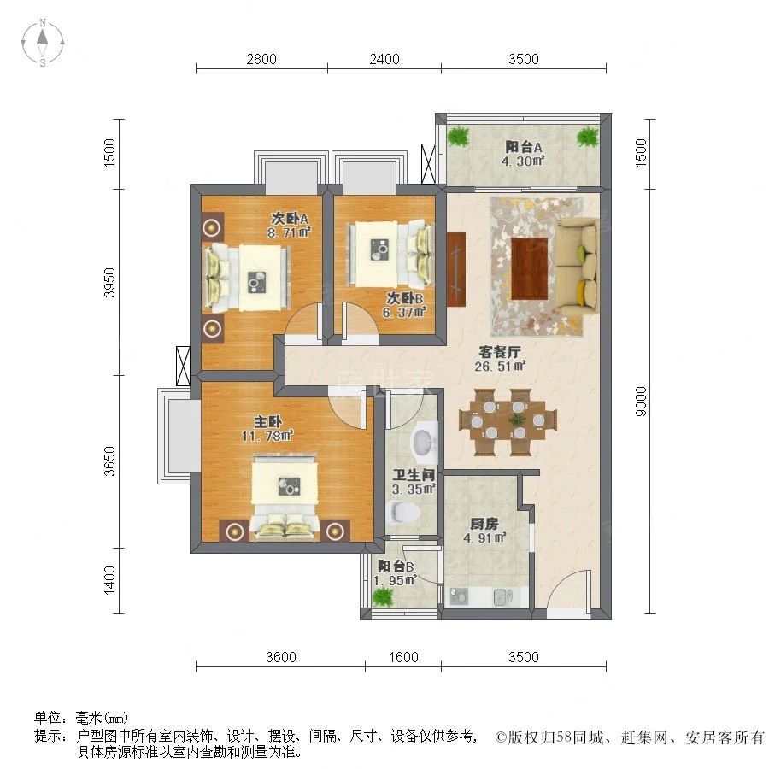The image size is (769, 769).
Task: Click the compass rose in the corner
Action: [x=43, y=43]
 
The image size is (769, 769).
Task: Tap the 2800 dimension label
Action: [x=261, y=59]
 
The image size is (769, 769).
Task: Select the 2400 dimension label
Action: [x=384, y=59]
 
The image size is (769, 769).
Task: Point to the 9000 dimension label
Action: [x=641, y=402]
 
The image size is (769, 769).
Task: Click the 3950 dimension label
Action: [x=110, y=283]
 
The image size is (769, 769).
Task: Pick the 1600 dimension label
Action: [x=403, y=657]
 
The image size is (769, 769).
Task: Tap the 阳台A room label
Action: [x=523, y=147]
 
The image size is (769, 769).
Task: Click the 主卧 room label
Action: [x=267, y=421]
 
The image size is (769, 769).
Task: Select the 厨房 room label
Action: [x=484, y=523]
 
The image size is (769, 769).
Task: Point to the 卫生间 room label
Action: [x=414, y=475]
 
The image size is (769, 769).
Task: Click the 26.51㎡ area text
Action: [x=500, y=366]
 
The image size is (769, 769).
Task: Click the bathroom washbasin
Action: [x=423, y=441]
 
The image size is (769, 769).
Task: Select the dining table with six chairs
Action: [x=508, y=420]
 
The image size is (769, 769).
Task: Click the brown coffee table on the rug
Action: [x=530, y=268]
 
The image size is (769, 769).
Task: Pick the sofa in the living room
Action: [x=578, y=267]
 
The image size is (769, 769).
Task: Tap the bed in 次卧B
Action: [x=390, y=254]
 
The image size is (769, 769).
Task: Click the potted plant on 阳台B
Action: [x=383, y=597]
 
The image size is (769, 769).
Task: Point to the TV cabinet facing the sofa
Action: [x=455, y=269]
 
